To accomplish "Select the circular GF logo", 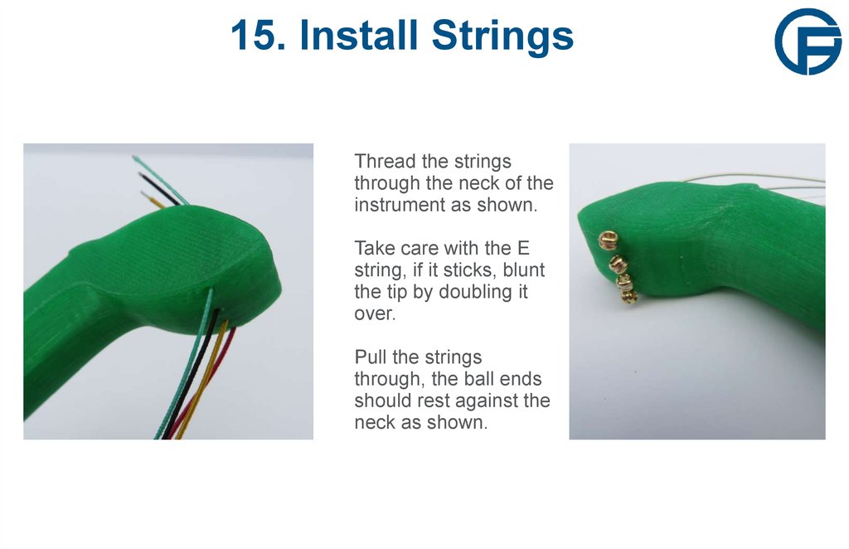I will tap(807, 41).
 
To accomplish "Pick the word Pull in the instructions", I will tap(370, 357).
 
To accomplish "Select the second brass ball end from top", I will tap(615, 263).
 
